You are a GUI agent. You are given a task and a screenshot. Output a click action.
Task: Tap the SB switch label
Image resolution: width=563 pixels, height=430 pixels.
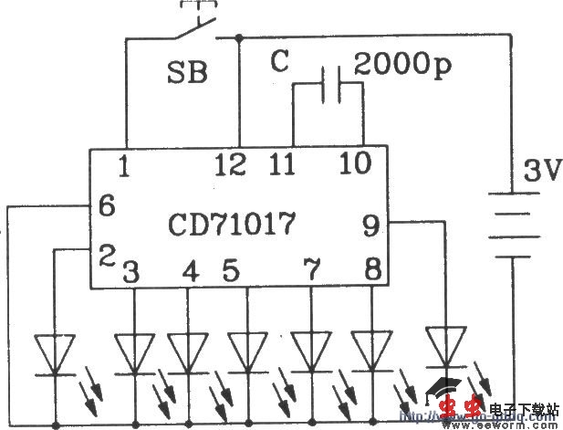(x=186, y=71)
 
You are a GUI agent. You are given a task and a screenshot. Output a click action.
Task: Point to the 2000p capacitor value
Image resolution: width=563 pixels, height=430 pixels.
(x=401, y=63)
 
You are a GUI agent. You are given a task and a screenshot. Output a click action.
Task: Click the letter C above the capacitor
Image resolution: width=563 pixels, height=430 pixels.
(x=281, y=62)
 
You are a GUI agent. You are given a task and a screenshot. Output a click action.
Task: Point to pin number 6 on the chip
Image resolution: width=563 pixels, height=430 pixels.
(x=106, y=206)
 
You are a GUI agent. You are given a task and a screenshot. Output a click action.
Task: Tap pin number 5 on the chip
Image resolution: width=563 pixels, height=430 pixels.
(x=230, y=271)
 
